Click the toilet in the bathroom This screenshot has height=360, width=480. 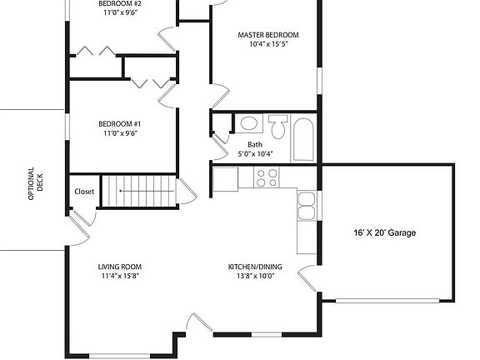(278, 127)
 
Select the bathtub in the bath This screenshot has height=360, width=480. (303, 139)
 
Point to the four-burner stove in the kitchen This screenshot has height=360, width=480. (267, 177)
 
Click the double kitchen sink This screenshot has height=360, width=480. (307, 206)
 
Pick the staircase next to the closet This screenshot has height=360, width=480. (138, 190)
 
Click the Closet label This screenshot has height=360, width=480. (84, 192)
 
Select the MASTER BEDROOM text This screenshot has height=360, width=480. (268, 35)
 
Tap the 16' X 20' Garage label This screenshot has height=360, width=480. (385, 233)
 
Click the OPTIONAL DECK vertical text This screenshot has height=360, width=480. (36, 183)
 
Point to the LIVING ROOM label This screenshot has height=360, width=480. (120, 267)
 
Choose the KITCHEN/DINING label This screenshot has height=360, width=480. (255, 267)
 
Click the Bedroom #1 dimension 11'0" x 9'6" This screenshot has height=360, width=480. (120, 133)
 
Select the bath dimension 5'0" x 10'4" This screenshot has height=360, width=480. (255, 153)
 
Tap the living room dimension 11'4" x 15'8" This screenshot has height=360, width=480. (120, 276)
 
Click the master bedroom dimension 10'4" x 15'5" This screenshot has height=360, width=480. (268, 44)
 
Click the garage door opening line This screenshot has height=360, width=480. (387, 301)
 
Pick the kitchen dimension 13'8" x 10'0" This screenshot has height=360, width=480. (255, 276)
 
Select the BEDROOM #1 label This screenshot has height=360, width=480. (119, 124)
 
